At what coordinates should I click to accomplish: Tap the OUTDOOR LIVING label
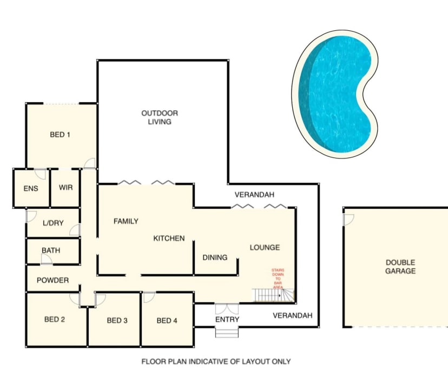pyautogui.click(x=160, y=117)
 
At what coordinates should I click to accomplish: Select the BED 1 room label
pyautogui.click(x=60, y=135)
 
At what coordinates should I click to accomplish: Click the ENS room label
pyautogui.click(x=30, y=188)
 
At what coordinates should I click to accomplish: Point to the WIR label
pyautogui.click(x=65, y=188)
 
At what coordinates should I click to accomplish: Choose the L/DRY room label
pyautogui.click(x=53, y=222)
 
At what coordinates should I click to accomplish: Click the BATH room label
pyautogui.click(x=51, y=251)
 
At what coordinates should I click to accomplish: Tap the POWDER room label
pyautogui.click(x=52, y=280)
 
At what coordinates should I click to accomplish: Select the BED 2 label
pyautogui.click(x=55, y=320)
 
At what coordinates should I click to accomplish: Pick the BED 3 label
pyautogui.click(x=117, y=321)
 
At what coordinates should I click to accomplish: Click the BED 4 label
pyautogui.click(x=167, y=321)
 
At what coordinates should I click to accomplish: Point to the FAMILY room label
pyautogui.click(x=126, y=221)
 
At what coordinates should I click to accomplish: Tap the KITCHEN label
pyautogui.click(x=169, y=238)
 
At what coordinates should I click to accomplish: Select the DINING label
pyautogui.click(x=215, y=257)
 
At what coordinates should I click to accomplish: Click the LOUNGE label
pyautogui.click(x=265, y=248)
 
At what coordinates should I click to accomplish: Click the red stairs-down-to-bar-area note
pyautogui.click(x=277, y=279)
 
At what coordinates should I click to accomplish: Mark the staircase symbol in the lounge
pyautogui.click(x=273, y=295)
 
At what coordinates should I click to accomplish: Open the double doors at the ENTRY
pyautogui.click(x=227, y=309)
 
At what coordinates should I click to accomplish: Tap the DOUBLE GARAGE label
pyautogui.click(x=400, y=267)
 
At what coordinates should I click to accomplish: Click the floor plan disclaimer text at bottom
pyautogui.click(x=216, y=361)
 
